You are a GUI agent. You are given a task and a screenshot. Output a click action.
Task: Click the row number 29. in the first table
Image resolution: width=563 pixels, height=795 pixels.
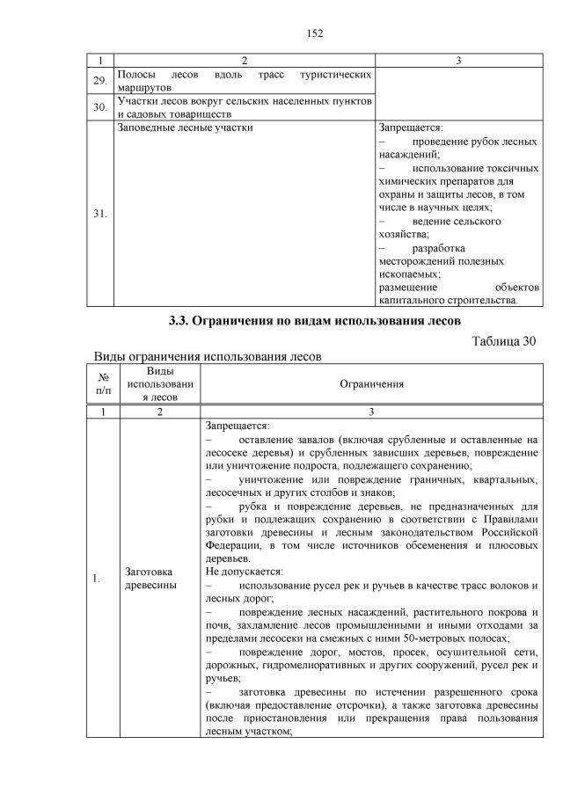pos(100,81)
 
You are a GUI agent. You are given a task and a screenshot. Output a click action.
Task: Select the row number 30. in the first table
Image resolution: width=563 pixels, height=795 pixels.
pos(100,107)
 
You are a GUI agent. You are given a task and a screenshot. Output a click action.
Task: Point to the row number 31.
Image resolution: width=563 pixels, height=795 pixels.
pos(100,213)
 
